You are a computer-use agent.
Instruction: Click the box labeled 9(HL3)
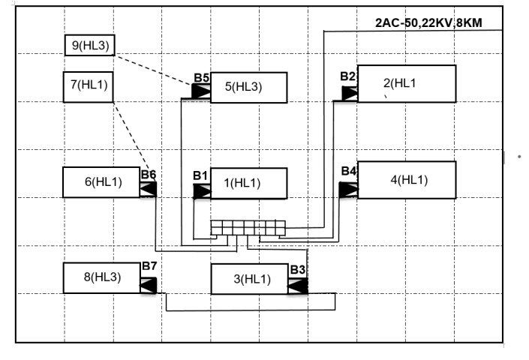tap(90, 45)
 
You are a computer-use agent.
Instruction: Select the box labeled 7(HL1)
tap(89, 87)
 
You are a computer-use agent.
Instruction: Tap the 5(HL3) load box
tap(249, 87)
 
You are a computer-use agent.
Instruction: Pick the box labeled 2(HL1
tap(407, 83)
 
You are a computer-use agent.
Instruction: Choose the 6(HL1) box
tap(101, 182)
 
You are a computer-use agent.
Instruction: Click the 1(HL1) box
tap(249, 183)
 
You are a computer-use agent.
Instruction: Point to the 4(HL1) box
tap(407, 180)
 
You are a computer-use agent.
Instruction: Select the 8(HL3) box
tap(101, 278)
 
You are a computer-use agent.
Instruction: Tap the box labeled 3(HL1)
tap(250, 279)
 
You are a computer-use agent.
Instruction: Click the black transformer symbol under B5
tap(201, 91)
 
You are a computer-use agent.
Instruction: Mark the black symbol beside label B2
tap(350, 93)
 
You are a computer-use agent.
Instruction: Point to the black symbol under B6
tap(148, 189)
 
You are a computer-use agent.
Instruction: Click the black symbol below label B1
tap(202, 191)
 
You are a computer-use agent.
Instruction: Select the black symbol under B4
tap(348, 190)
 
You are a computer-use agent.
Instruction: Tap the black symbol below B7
tap(149, 285)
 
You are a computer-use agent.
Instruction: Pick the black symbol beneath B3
tap(298, 286)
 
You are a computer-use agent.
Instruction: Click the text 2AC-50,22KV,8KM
tap(428, 23)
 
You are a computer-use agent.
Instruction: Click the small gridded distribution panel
tap(248, 228)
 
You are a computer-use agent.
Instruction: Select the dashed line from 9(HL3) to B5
tap(153, 70)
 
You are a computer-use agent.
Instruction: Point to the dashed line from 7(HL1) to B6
tap(134, 142)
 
